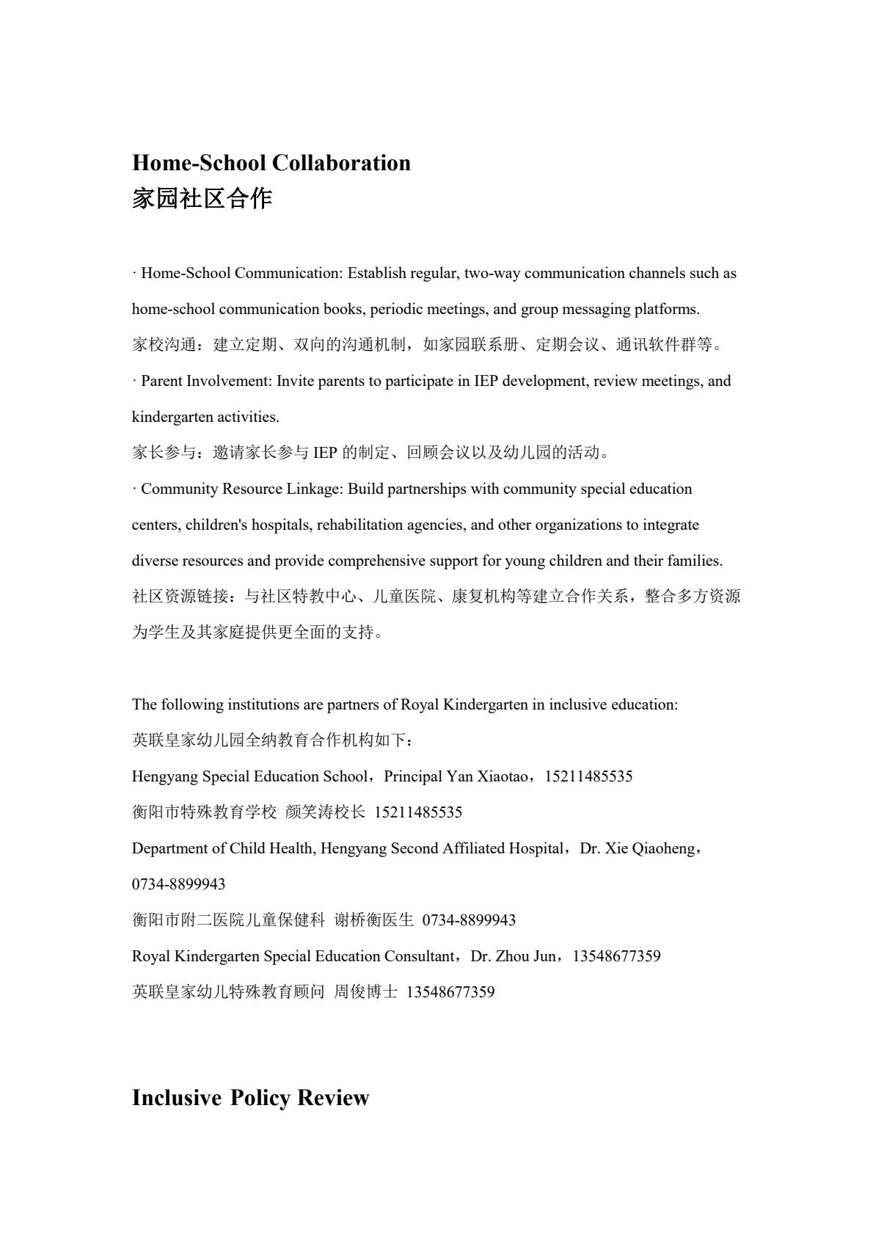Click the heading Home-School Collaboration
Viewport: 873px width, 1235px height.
(271, 163)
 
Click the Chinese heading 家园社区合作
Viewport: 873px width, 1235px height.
(202, 198)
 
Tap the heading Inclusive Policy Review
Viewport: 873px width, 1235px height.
(250, 1098)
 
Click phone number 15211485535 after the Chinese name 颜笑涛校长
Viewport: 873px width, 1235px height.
(418, 813)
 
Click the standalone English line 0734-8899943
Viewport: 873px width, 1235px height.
(178, 885)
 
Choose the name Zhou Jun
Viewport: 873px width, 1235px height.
(525, 957)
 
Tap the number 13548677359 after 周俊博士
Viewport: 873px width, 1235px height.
(450, 993)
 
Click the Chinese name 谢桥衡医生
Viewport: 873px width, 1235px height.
(373, 921)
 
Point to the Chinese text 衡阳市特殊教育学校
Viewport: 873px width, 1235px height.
(204, 813)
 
